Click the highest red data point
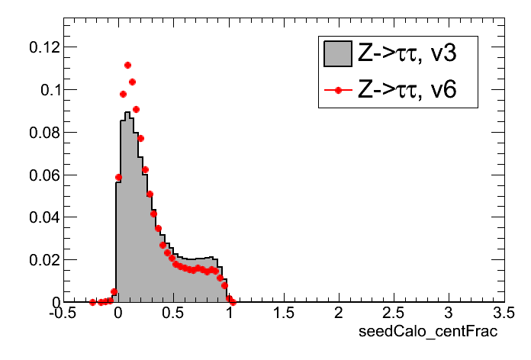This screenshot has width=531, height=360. tap(127, 66)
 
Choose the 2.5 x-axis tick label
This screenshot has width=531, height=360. tap(393, 314)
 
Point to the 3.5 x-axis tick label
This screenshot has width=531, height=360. tap(504, 314)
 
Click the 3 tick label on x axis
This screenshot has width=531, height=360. tap(449, 314)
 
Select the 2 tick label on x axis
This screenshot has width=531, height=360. tap(338, 314)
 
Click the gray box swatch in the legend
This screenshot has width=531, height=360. tap(337, 53)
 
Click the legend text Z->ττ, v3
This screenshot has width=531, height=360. tap(407, 53)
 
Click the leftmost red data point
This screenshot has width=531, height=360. tap(92, 302)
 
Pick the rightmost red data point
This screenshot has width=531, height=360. tap(233, 302)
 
